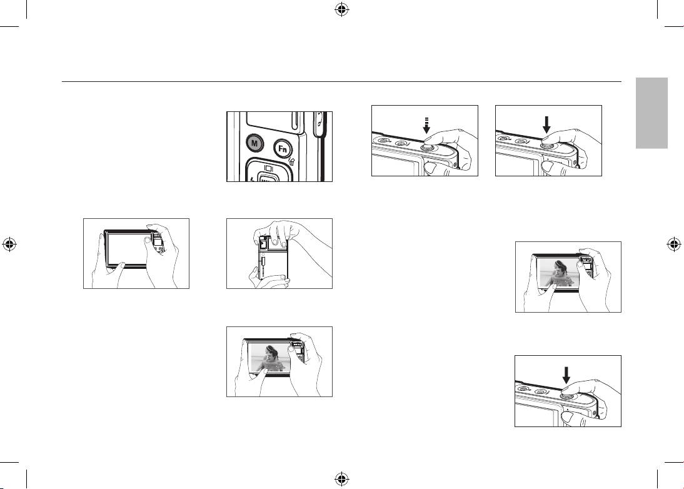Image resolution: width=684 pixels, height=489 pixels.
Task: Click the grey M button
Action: pyautogui.click(x=254, y=143)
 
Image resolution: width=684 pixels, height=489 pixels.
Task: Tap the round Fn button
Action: pyautogui.click(x=282, y=148)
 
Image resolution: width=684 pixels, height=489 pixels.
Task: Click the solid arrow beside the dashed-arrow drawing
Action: pyautogui.click(x=546, y=124)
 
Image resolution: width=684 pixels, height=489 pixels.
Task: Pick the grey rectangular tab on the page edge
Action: pyautogui.click(x=651, y=113)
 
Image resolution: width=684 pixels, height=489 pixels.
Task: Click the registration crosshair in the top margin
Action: pyautogui.click(x=342, y=9)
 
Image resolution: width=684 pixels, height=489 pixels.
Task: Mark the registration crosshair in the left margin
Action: pyautogui.click(x=9, y=245)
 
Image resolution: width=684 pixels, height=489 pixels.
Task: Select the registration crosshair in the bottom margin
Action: pyautogui.click(x=342, y=480)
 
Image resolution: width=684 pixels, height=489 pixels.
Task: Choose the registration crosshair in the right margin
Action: pyautogui.click(x=675, y=245)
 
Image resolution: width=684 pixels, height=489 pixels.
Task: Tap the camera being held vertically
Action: pyautogui.click(x=273, y=258)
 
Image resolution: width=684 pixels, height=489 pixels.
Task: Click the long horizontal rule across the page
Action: pyautogui.click(x=341, y=81)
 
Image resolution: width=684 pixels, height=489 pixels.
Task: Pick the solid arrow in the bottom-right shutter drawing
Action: pyautogui.click(x=566, y=375)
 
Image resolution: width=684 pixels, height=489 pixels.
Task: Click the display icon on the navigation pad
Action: pyautogui.click(x=269, y=168)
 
